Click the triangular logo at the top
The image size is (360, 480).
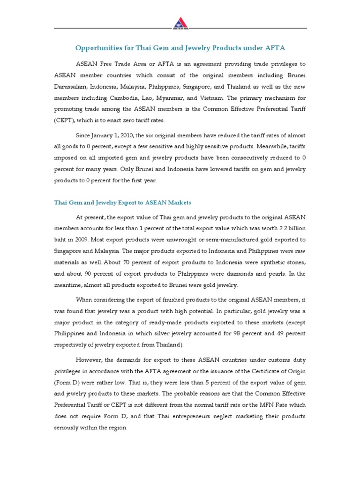[180, 22]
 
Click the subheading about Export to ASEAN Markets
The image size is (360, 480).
[123, 202]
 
